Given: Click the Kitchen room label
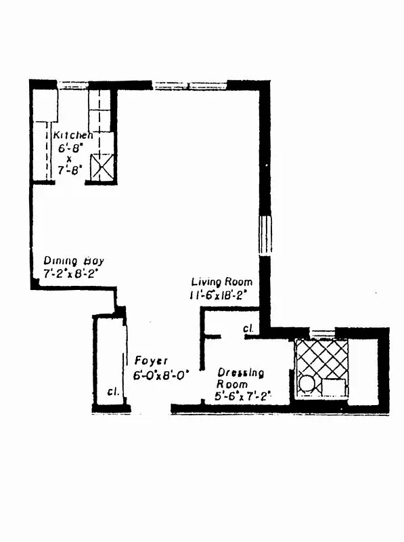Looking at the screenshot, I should [73, 134].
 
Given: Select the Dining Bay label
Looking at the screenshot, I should [74, 261].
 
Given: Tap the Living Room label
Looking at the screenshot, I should [222, 282].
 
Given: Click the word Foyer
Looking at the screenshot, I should [150, 361].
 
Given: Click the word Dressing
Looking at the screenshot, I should [240, 373].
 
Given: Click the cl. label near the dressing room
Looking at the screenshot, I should [248, 330].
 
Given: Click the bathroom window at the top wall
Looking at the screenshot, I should [322, 332].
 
